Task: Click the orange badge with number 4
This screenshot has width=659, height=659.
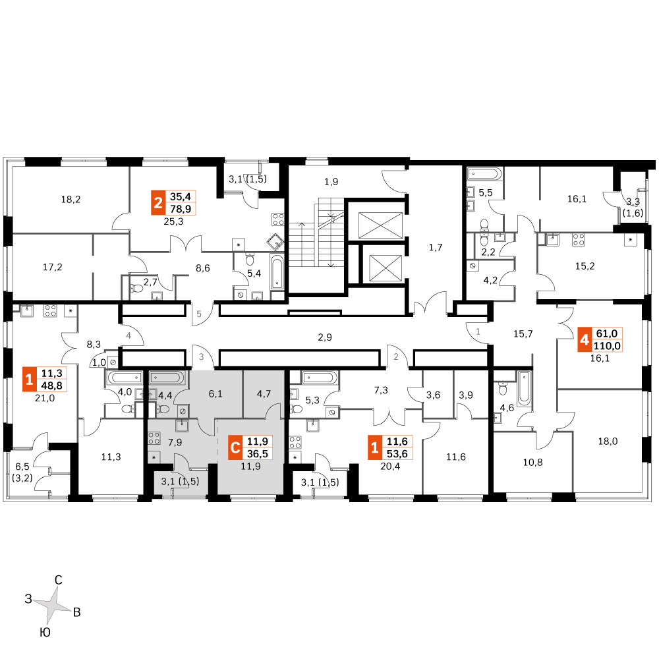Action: [x=584, y=339]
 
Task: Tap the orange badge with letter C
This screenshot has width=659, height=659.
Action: [x=235, y=447]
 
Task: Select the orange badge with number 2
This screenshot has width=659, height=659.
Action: [x=158, y=202]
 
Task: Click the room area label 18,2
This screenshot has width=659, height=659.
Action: [x=71, y=199]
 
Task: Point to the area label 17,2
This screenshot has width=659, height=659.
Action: [x=53, y=267]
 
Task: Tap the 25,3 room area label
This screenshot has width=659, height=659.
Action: [x=173, y=221]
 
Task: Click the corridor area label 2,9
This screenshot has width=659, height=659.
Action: [x=325, y=337]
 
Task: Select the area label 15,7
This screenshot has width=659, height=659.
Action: [x=523, y=333]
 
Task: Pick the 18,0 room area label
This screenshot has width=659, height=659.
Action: [x=608, y=442]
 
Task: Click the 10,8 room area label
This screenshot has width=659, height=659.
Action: [x=533, y=463]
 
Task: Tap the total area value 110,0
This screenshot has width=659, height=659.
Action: [x=607, y=346]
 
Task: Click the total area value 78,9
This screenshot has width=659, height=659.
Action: [x=181, y=209]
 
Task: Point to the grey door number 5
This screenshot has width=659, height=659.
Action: [x=199, y=314]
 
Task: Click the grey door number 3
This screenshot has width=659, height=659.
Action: [x=201, y=357]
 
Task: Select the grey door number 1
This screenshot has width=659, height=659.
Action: [x=478, y=331]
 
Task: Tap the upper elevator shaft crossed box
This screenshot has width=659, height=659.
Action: [x=380, y=225]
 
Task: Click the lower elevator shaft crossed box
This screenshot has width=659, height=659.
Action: [x=386, y=268]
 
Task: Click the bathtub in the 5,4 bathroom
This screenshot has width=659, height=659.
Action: [x=277, y=272]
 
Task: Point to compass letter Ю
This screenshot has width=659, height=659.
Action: [x=45, y=633]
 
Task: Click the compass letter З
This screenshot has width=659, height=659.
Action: [x=28, y=599]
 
